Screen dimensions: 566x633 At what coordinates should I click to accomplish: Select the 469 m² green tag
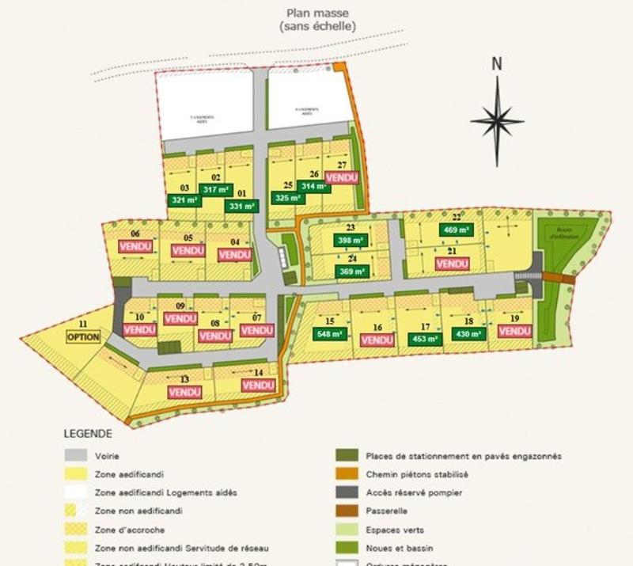tap(457, 230)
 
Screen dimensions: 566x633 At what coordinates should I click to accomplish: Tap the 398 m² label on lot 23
tap(350, 240)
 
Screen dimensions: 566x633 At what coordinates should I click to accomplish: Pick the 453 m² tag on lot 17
tap(424, 339)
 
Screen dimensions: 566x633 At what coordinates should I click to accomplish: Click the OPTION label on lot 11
tap(83, 336)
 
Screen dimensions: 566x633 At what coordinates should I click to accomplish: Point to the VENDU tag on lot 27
tap(342, 178)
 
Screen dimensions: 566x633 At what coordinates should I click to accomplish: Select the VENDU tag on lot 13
tap(184, 391)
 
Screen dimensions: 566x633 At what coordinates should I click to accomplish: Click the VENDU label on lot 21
tap(452, 263)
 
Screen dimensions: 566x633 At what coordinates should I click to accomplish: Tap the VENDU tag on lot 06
tap(135, 246)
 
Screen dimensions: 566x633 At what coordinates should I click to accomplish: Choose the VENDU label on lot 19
tap(514, 332)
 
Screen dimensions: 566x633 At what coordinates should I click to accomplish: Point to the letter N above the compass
tap(497, 64)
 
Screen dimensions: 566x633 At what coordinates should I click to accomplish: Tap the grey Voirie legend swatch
tap(75, 456)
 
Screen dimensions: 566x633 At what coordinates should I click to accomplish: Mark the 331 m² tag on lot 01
tap(241, 206)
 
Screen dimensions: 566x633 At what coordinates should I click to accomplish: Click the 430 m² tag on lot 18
tap(470, 335)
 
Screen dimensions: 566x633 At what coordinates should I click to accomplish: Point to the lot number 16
tap(377, 327)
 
